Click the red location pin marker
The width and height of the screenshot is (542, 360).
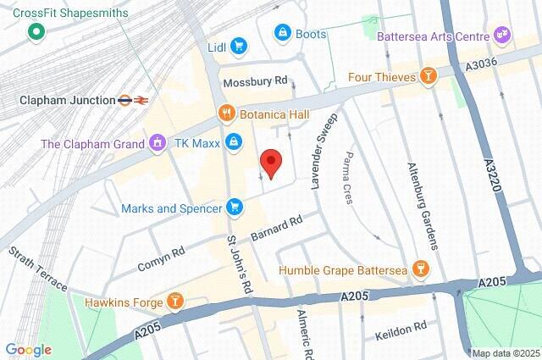point(270,162)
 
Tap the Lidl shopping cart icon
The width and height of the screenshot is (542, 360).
point(240,47)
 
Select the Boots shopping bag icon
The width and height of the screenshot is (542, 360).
point(282,32)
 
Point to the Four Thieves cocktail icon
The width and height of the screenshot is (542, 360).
point(429,76)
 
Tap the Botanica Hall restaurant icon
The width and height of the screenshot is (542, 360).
point(226,112)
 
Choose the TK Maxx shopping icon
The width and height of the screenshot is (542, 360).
point(235,143)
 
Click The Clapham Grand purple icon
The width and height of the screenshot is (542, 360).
point(157,143)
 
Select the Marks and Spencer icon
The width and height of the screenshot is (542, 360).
point(235,207)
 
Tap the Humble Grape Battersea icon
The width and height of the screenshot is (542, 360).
point(421,271)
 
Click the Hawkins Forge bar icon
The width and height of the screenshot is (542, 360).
point(175,300)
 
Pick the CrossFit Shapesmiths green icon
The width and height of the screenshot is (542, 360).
point(36,33)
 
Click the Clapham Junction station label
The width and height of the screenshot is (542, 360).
point(68,100)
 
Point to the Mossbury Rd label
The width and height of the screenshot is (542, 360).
point(255,82)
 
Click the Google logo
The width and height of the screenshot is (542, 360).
point(28,349)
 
